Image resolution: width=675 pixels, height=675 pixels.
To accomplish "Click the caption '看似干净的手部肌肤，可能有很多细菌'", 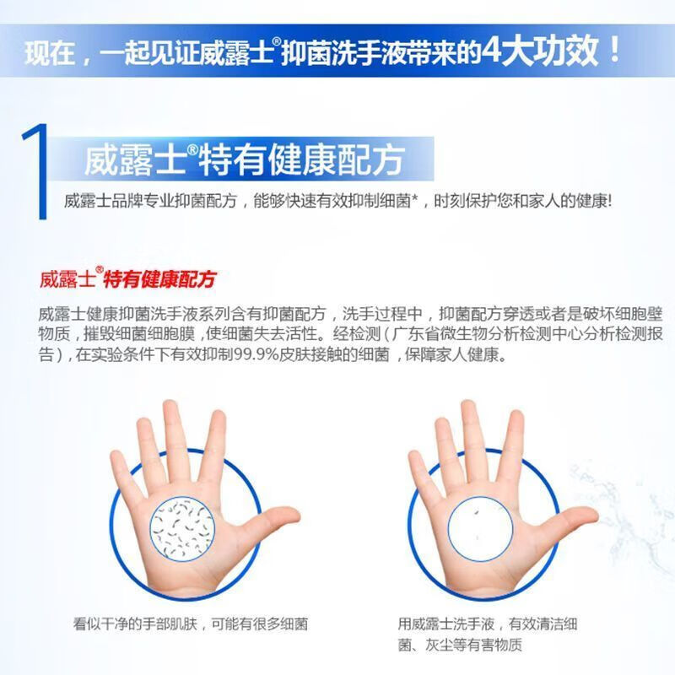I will [x=191, y=625].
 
